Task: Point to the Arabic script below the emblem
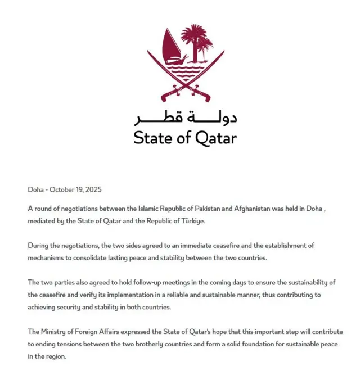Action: click(x=185, y=119)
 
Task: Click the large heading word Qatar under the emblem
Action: click(x=216, y=138)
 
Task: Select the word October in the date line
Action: click(x=64, y=190)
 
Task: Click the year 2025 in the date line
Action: click(x=93, y=190)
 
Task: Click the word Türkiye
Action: click(x=192, y=221)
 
